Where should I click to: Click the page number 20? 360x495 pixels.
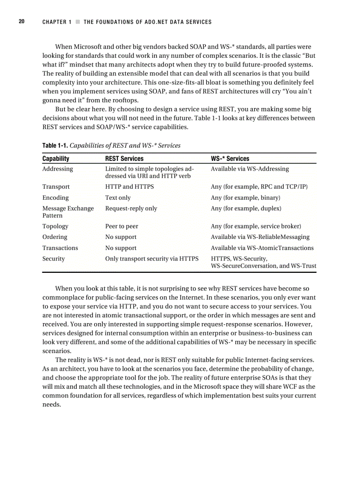point(21,22)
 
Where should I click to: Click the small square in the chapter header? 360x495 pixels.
point(78,22)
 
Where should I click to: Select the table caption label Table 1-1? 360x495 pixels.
point(55,145)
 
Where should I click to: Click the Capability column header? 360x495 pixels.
point(56,158)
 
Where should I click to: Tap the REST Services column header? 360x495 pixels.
point(124,158)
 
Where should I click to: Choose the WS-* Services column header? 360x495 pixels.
point(230,158)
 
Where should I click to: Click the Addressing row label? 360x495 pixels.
point(57,169)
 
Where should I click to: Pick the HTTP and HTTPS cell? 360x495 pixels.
point(129,187)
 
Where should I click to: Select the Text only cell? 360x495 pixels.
point(118,198)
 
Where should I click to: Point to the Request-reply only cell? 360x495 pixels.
point(131,208)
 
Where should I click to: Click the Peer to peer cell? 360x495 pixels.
point(121,227)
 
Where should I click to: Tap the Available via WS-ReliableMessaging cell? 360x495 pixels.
point(260,237)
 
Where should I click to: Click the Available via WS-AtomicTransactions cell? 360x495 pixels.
point(262,248)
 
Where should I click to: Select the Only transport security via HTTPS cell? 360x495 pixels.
point(152,259)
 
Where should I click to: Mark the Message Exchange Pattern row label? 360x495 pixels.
point(68,212)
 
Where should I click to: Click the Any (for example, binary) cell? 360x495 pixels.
point(245,198)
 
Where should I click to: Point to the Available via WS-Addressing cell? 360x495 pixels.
point(250,169)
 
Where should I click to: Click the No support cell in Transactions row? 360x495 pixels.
point(120,248)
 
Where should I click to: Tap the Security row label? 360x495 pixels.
point(53,259)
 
